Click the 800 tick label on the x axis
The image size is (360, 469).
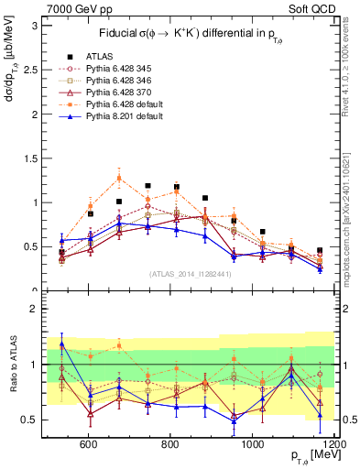[x=170, y=443]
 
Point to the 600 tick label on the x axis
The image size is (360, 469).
[x=89, y=443]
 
